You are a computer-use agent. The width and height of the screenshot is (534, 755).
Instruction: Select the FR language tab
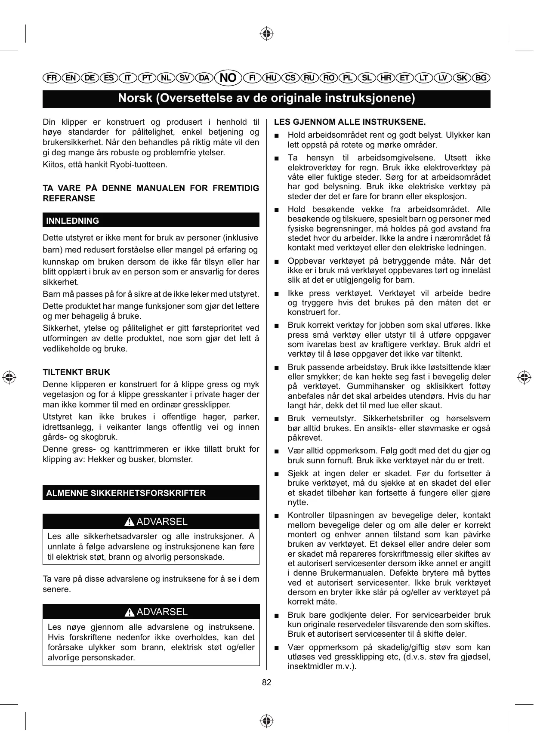52,78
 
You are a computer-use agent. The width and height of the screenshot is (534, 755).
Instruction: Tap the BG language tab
481,78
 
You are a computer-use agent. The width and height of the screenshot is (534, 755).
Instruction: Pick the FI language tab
253,78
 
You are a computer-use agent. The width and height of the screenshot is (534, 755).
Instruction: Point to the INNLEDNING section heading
73,221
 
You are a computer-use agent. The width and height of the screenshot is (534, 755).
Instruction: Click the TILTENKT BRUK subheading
77,373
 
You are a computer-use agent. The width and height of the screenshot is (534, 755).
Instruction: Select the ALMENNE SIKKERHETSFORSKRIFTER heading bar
126,493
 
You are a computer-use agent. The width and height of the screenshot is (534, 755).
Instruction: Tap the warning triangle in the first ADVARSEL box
129,522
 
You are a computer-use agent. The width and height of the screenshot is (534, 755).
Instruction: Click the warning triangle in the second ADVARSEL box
129,613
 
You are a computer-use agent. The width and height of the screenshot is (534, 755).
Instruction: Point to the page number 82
267,683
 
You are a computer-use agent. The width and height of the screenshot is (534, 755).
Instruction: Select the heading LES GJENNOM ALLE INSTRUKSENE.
350,122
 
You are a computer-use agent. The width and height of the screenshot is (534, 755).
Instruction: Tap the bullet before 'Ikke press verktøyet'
278,294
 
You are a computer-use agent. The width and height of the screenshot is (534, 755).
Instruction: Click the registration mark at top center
267,33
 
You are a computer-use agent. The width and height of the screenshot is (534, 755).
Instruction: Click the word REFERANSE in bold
69,199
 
